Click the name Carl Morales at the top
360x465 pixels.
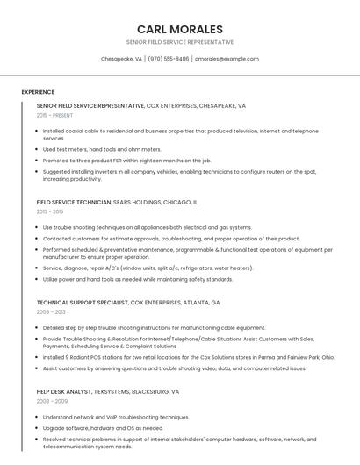tap(179, 29)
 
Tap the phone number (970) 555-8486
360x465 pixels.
tap(169, 59)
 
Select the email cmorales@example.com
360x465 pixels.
tap(227, 59)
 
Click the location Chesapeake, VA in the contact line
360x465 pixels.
tap(121, 59)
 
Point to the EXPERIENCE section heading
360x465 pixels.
tap(38, 92)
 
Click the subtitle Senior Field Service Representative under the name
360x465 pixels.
tap(179, 42)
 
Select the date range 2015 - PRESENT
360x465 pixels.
tap(54, 115)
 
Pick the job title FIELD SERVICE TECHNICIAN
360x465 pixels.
tap(74, 202)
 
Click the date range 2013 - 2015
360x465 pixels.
tap(50, 211)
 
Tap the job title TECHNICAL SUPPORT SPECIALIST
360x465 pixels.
tap(83, 303)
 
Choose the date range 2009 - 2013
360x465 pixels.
tap(51, 312)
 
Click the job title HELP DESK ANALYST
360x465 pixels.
tap(64, 391)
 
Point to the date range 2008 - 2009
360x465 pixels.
tap(51, 401)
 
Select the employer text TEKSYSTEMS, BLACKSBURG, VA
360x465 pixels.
tap(136, 391)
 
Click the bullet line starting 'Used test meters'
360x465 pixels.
tap(102, 149)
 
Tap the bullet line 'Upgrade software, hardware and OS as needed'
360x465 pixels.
tap(103, 428)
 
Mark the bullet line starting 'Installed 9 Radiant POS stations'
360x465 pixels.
tap(188, 357)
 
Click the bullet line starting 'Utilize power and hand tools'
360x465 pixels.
tap(138, 279)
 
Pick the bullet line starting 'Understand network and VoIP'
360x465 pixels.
tap(116, 417)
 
